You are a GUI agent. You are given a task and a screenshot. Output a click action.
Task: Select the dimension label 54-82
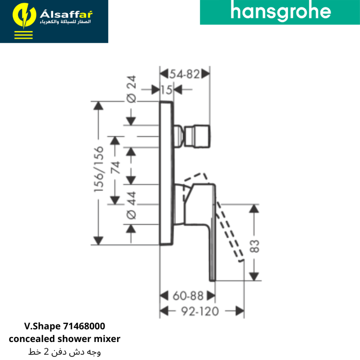[x=184, y=74]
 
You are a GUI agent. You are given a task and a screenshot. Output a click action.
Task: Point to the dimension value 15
[x=167, y=90]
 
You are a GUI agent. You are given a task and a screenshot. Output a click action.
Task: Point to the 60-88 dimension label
[x=188, y=296]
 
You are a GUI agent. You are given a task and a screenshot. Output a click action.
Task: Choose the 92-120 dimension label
[x=200, y=311]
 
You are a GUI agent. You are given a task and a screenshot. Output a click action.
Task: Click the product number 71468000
[x=84, y=327]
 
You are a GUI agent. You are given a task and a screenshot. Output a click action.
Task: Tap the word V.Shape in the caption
[x=42, y=327]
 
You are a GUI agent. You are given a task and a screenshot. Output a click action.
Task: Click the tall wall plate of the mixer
[x=167, y=173]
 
